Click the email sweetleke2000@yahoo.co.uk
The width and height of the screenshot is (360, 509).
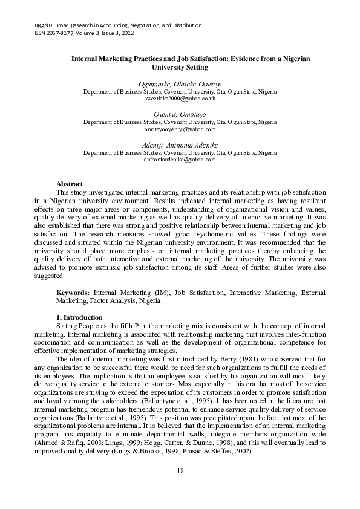pyautogui.click(x=180, y=97)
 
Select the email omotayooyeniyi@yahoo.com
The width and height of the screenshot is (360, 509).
pyautogui.click(x=180, y=129)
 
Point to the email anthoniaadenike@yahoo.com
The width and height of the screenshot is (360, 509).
pyautogui.click(x=180, y=160)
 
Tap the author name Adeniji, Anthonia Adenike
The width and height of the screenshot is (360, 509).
pyautogui.click(x=180, y=145)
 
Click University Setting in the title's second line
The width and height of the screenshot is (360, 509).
pyautogui.click(x=180, y=68)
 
